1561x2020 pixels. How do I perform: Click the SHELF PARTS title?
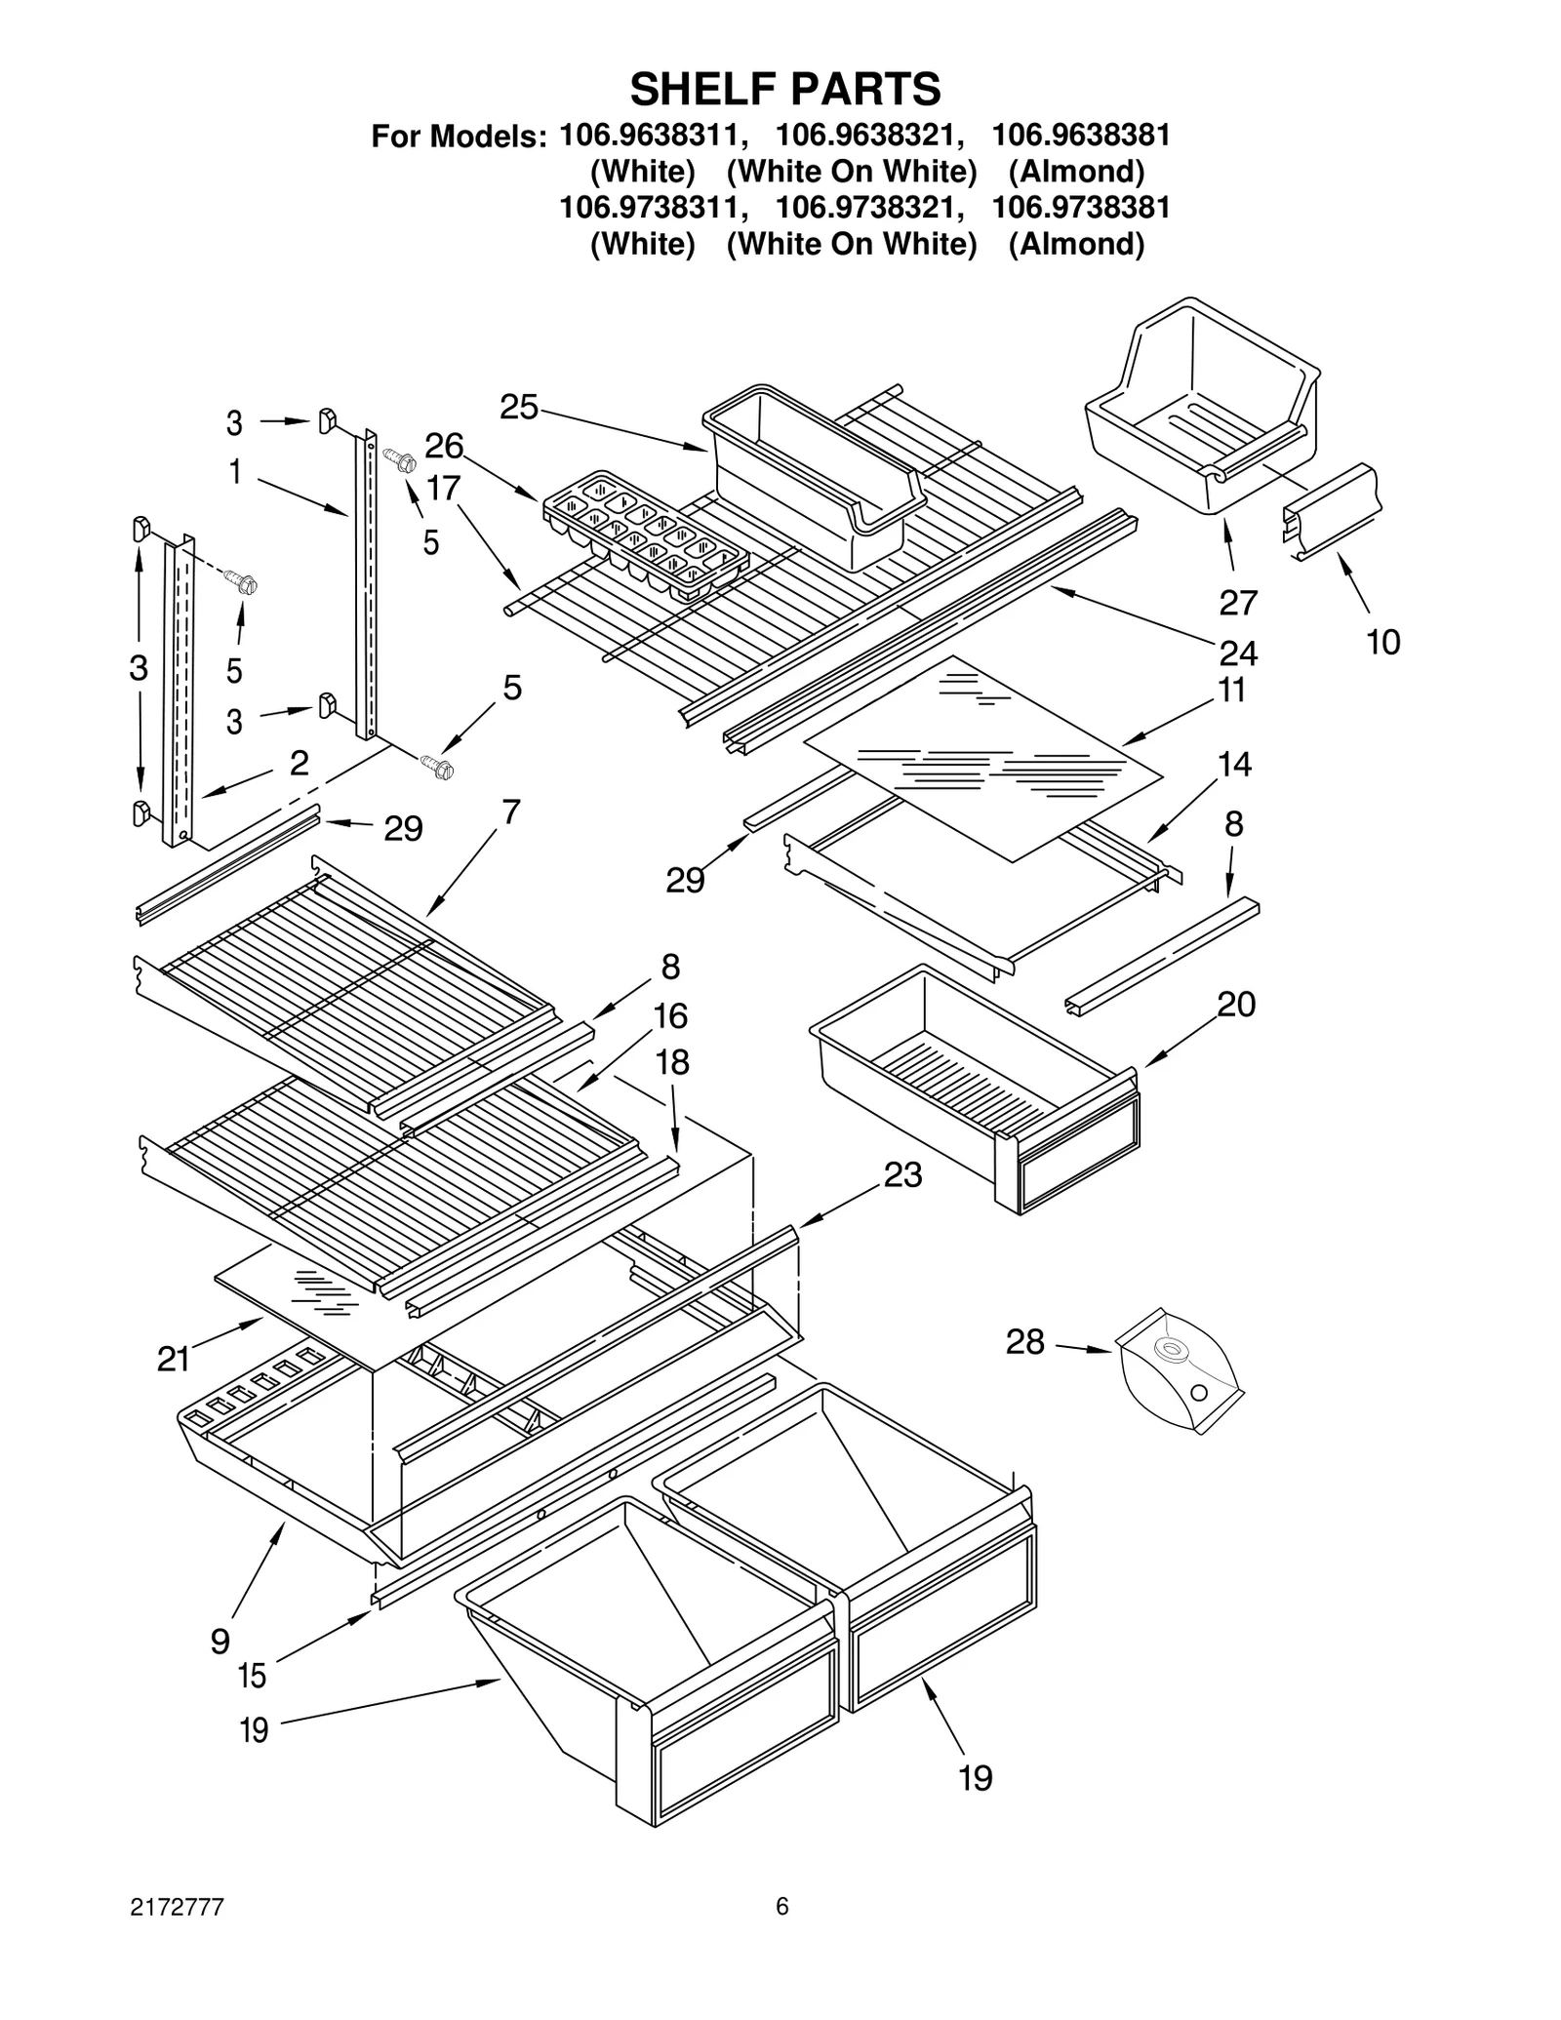point(784,89)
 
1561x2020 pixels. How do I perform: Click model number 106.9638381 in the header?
point(1080,135)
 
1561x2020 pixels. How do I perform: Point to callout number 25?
point(518,407)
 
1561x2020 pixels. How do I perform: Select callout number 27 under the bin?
point(1238,602)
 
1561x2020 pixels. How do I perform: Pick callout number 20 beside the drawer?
point(1236,1004)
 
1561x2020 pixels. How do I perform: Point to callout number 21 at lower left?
point(174,1359)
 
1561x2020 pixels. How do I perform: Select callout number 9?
point(220,1641)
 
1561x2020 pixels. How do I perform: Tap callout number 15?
point(252,1676)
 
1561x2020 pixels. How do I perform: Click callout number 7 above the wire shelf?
point(511,812)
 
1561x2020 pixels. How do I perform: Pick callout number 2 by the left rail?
point(300,762)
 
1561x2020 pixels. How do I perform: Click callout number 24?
point(1238,652)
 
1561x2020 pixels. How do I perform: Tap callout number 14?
point(1234,764)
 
